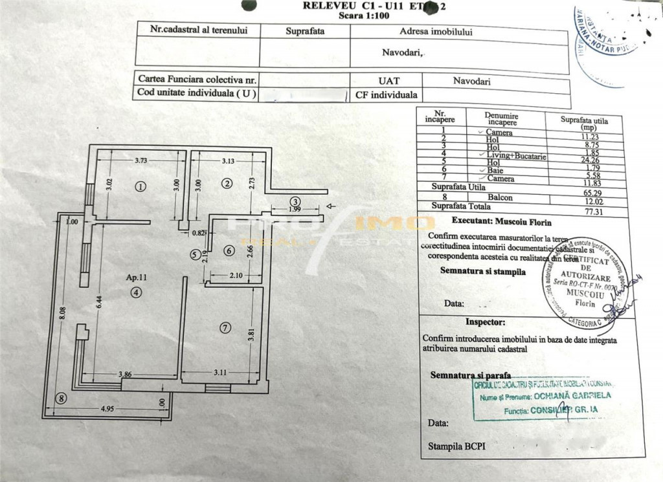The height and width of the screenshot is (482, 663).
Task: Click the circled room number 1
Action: [x=140, y=186]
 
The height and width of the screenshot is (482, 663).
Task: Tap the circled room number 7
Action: [x=224, y=328]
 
